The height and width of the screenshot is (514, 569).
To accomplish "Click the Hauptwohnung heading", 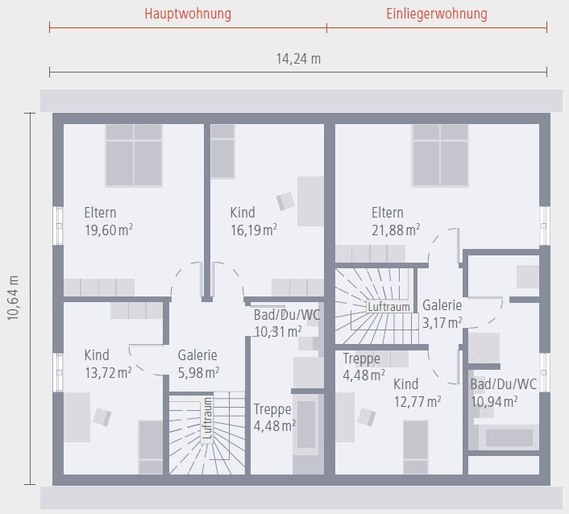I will tap(188, 15).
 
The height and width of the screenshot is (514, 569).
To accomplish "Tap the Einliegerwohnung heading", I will tap(436, 15).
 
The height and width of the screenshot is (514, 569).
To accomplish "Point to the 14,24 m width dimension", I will tap(298, 59).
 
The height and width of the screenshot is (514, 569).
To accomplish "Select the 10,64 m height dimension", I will tap(14, 298).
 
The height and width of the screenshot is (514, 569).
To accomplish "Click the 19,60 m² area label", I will tap(109, 230).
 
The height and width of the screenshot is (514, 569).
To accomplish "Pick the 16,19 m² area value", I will tap(254, 230).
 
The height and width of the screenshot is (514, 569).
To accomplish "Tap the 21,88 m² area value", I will tap(396, 230).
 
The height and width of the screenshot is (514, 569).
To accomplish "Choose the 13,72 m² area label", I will tap(109, 372).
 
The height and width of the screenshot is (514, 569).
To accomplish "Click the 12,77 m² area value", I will tap(417, 401).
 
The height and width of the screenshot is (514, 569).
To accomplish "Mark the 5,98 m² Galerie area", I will tap(198, 372).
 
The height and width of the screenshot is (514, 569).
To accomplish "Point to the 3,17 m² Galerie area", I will tap(442, 323).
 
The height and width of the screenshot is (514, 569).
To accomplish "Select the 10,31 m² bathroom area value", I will tap(278, 331).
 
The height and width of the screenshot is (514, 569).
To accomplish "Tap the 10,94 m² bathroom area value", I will tap(494, 401).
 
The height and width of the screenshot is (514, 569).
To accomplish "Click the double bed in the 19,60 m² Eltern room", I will tap(134, 155).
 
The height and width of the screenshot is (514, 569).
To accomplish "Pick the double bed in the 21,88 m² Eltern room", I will tap(440, 155).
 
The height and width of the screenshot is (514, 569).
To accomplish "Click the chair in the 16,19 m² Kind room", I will tap(286, 201).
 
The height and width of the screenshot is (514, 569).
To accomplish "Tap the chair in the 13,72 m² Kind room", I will tap(102, 417).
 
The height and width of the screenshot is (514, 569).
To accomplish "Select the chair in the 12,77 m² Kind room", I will tap(367, 417).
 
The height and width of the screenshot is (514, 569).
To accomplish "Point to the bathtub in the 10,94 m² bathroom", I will tap(509, 437).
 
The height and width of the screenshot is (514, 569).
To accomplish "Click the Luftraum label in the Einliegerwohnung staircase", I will tap(388, 307).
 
